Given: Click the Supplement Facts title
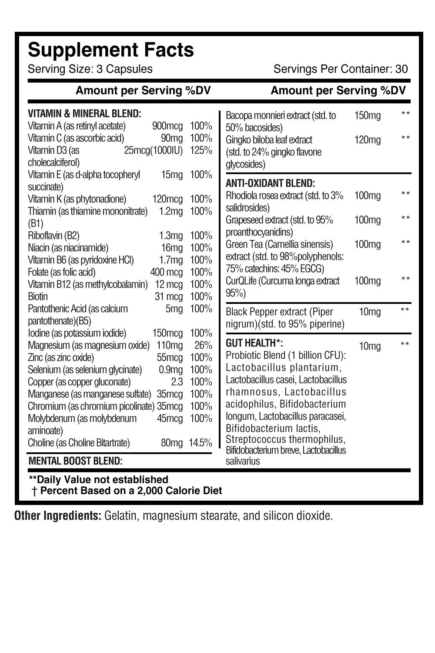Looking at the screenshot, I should click(111, 50).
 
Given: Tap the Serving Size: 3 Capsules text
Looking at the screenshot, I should click(90, 69).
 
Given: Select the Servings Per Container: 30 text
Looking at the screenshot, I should click(341, 69).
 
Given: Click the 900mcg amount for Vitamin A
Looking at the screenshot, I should click(167, 126).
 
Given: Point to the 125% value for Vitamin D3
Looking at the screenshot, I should click(201, 151).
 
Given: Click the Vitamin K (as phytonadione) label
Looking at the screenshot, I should click(77, 199).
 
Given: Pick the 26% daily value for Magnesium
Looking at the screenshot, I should click(203, 346).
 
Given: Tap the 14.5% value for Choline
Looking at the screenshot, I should click(200, 443).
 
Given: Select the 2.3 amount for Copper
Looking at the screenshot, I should click(177, 382).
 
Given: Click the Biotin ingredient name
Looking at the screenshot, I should click(38, 297).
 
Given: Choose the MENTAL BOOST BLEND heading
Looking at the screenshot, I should click(75, 461).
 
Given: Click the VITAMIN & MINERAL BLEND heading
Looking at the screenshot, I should click(84, 114).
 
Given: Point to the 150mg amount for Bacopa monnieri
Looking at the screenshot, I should click(368, 116).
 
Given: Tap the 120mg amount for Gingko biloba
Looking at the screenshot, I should click(368, 140).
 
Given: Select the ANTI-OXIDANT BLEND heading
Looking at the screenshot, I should click(270, 183).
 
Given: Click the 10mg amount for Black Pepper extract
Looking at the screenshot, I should click(370, 312).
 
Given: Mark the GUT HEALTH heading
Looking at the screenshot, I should click(254, 343).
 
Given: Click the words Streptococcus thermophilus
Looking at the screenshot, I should click(285, 439).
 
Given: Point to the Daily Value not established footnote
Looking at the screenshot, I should click(98, 480).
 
